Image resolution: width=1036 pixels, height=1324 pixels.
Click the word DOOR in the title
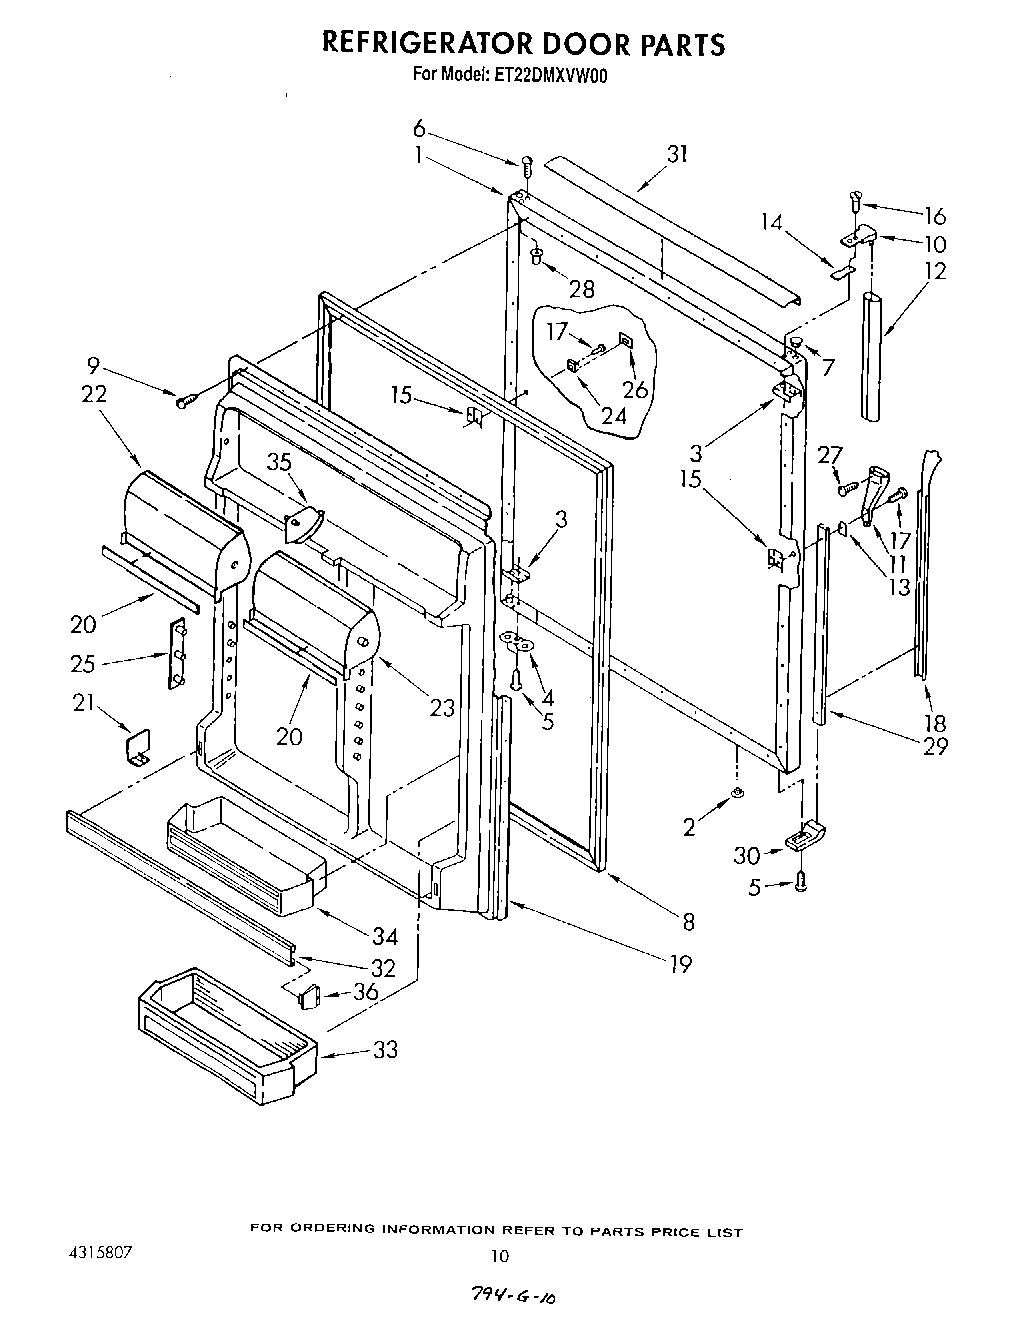click(551, 44)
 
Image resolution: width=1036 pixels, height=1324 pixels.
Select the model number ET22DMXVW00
click(550, 74)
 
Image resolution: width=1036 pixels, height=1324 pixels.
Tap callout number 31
click(678, 154)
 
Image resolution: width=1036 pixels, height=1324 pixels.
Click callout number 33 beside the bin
click(385, 1049)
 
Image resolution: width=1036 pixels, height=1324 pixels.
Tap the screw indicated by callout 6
click(527, 166)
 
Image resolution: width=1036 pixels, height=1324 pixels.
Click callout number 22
click(94, 394)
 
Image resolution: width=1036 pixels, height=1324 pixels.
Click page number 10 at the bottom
click(500, 1256)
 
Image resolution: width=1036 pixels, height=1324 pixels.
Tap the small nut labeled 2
click(736, 793)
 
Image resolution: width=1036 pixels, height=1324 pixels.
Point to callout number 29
click(935, 745)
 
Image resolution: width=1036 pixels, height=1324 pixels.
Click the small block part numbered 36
click(308, 994)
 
